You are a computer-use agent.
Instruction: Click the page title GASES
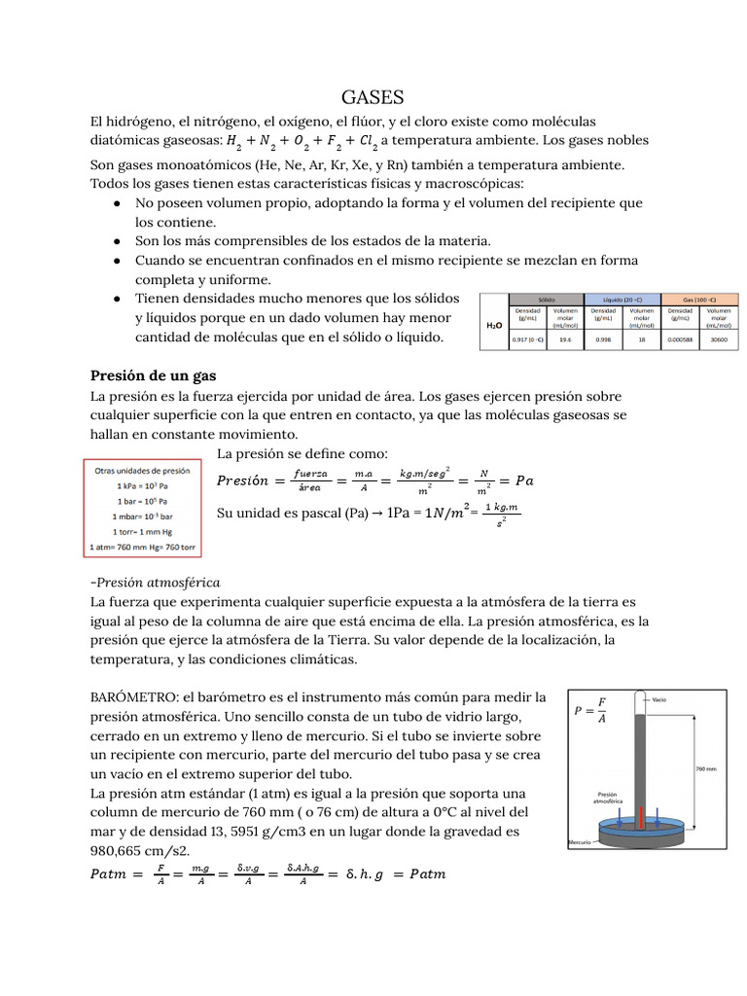(373, 97)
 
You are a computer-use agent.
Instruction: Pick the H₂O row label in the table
(494, 326)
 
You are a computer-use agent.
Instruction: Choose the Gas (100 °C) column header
(699, 301)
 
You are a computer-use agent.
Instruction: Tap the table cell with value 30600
(719, 340)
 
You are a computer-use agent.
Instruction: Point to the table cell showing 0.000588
(681, 340)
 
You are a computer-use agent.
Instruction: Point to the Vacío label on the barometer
(659, 698)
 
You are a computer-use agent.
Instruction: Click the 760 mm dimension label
(706, 768)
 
